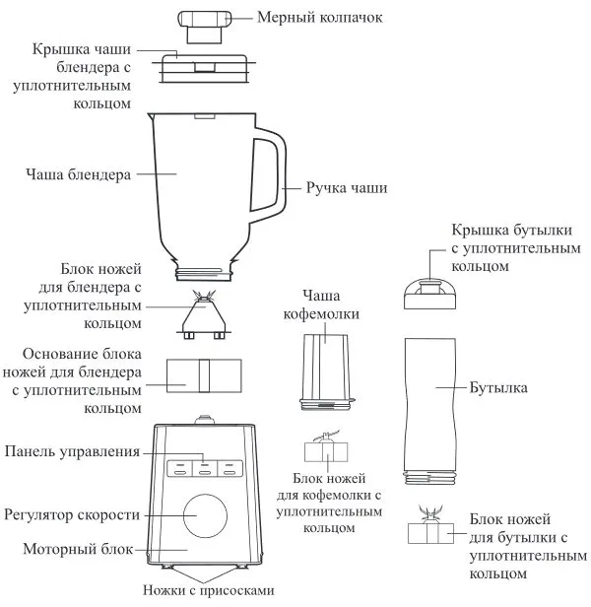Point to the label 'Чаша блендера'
click(x=78, y=173)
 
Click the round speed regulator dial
click(x=203, y=515)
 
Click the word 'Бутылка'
click(x=500, y=388)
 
